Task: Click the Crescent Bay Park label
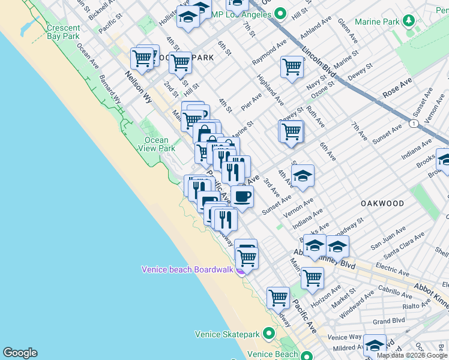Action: pyautogui.click(x=63, y=32)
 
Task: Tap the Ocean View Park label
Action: pyautogui.click(x=157, y=144)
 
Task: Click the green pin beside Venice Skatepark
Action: pyautogui.click(x=269, y=333)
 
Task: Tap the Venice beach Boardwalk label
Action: pyautogui.click(x=187, y=269)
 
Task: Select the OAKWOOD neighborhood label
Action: pyautogui.click(x=382, y=204)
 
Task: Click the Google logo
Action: pyautogui.click(x=20, y=353)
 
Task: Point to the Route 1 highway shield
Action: pyautogui.click(x=414, y=123)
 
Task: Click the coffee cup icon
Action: pyautogui.click(x=243, y=196)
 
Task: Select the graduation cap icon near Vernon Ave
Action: pyautogui.click(x=303, y=176)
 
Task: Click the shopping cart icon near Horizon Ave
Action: pyautogui.click(x=312, y=278)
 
